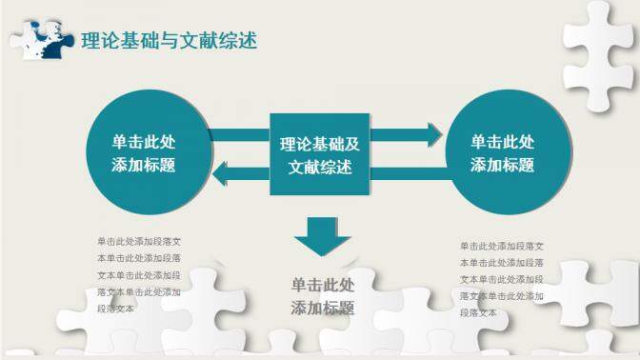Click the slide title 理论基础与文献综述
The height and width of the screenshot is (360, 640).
[170, 41]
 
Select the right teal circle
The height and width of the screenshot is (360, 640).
[502, 152]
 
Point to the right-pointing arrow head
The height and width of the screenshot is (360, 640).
[433, 134]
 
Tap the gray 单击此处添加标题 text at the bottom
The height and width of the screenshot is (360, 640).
[323, 296]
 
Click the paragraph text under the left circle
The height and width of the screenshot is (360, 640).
[140, 274]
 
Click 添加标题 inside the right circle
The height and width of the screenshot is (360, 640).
[502, 165]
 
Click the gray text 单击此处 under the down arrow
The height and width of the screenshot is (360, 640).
[323, 285]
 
